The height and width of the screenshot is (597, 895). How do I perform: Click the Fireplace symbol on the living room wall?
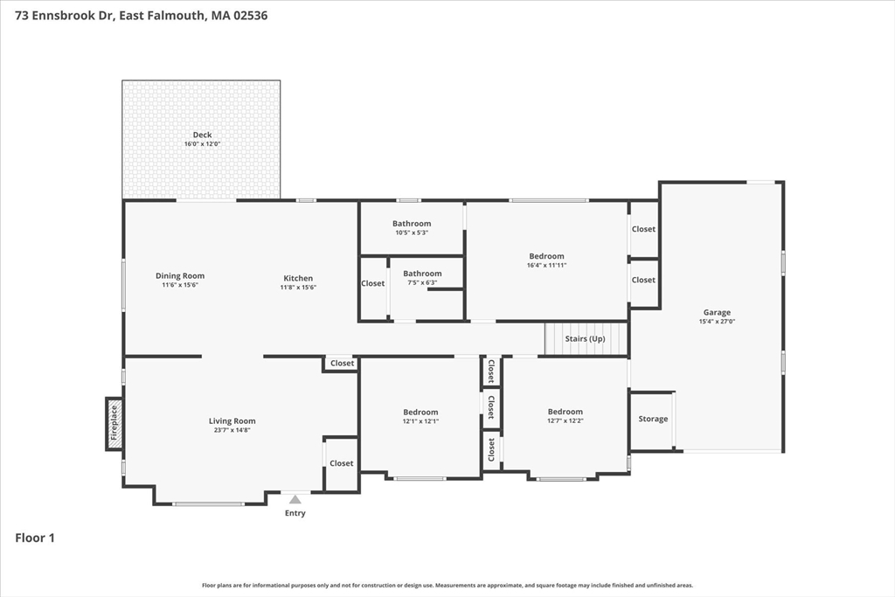pos(114,424)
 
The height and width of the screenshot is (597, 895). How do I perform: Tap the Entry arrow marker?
pos(295,500)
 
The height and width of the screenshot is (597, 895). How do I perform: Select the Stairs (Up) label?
pos(585,338)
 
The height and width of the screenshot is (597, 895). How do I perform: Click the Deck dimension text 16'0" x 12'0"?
pos(202,144)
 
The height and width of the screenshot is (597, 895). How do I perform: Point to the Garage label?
pos(717,312)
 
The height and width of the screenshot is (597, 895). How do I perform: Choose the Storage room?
pos(653,420)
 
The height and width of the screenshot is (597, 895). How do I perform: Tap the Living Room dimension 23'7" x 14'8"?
pos(232,431)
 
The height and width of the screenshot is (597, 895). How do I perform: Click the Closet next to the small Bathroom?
pos(373,283)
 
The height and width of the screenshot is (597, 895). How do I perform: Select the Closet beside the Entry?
pos(342,463)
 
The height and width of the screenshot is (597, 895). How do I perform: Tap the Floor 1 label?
pos(35,538)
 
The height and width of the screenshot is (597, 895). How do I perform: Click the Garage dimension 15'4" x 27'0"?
pos(717,322)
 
